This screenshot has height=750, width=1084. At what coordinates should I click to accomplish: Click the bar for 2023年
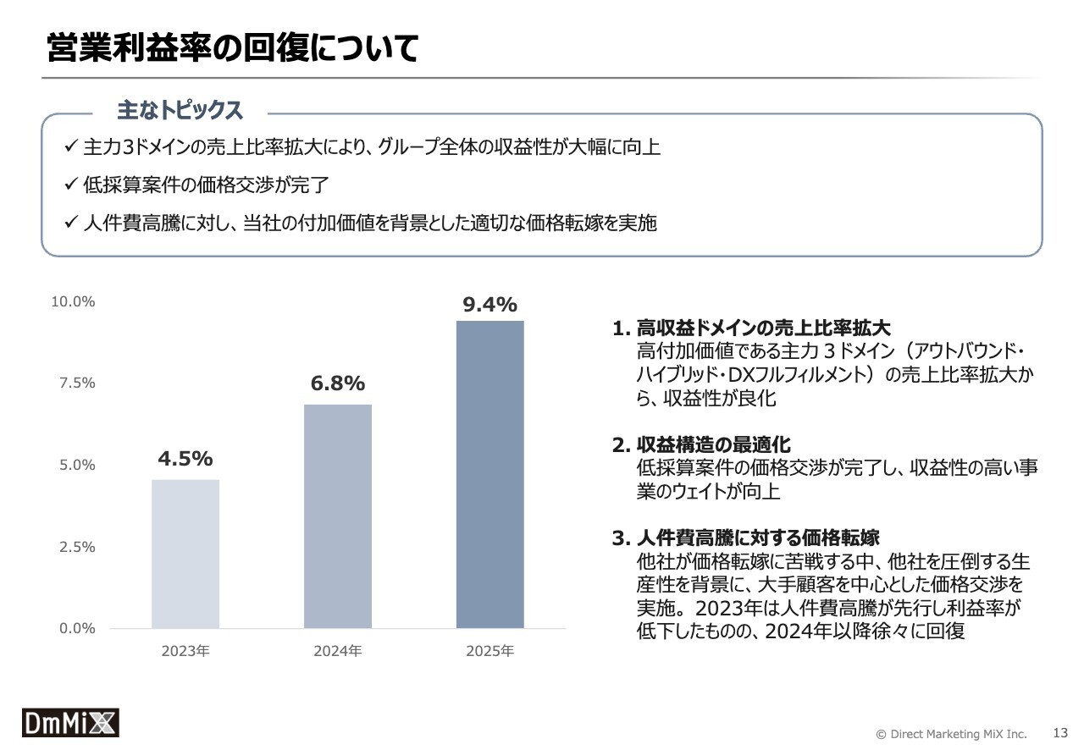coord(185,554)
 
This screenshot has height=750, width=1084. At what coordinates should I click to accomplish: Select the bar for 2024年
coord(337,516)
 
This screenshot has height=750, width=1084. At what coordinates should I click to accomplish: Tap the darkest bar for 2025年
coord(489,474)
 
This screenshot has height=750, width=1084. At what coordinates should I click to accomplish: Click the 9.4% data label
coord(489,306)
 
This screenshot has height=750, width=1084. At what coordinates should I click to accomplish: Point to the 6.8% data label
coord(337,383)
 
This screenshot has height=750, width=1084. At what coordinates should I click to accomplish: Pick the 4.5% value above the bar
coord(185,459)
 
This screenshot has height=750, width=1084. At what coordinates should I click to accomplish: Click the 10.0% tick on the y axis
coord(74,301)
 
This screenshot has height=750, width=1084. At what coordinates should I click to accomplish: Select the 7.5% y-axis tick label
coord(77,383)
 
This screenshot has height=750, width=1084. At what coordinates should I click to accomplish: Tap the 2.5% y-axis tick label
coord(77,547)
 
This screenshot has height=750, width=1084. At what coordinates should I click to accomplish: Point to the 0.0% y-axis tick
coord(77,628)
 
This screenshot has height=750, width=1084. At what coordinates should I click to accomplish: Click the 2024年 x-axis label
coord(337,651)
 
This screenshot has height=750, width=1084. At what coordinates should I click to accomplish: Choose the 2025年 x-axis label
coord(489,651)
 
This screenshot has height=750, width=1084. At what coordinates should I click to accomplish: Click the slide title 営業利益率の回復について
coord(233,49)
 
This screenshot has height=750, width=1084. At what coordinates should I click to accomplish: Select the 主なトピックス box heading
coord(180,110)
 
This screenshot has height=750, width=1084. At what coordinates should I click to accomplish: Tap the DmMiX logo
coord(70,722)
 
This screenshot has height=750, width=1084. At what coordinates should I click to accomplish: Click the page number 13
coord(1059,732)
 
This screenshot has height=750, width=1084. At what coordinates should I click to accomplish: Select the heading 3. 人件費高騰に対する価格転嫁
coord(745,538)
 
